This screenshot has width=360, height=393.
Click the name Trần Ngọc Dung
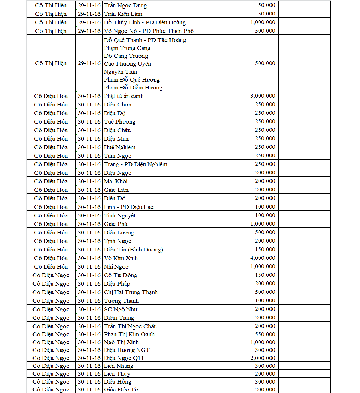(125, 5)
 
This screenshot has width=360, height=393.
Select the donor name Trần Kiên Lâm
(123, 14)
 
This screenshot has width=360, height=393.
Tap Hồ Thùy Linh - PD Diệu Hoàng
(145, 22)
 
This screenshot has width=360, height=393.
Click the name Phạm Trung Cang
(127, 48)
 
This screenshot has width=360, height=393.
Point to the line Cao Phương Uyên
(127, 64)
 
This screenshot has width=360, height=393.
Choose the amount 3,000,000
(263, 96)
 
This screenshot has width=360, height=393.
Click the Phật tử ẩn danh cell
(124, 96)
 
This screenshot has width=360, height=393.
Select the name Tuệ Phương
(119, 122)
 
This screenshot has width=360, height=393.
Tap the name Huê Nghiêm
(119, 147)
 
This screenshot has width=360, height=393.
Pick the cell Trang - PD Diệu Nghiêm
(136, 164)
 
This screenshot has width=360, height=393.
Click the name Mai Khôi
(116, 181)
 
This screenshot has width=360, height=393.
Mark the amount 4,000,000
(263, 258)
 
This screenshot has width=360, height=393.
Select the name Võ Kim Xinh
(121, 258)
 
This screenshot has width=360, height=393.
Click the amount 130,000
(265, 275)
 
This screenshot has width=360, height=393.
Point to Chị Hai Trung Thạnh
(131, 292)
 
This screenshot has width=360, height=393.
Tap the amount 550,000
(265, 334)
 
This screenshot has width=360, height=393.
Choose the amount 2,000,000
(263, 358)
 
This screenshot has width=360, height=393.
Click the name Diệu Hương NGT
(127, 350)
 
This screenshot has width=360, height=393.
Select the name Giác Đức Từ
(121, 390)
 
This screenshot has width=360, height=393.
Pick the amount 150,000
(265, 249)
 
